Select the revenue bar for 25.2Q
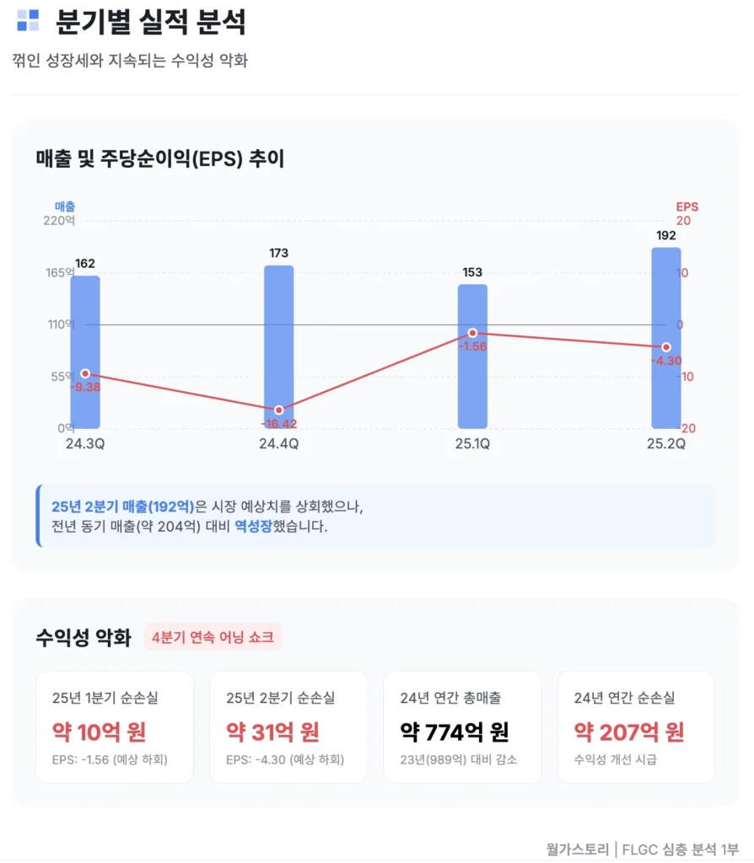pos(665,337)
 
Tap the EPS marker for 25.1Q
pos(472,334)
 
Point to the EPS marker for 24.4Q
pos(278,410)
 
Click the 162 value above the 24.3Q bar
pos(84,264)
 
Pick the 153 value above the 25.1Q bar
pos(472,272)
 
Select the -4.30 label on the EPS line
pos(665,361)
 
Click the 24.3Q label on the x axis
pos(84,444)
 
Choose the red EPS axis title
pos(687,206)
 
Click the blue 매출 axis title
pos(65,206)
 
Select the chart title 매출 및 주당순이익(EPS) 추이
pos(160,158)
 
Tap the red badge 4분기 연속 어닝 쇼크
pos(213,637)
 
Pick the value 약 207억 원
pos(628,732)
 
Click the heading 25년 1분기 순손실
pos(105,698)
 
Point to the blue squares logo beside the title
pos(28,20)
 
